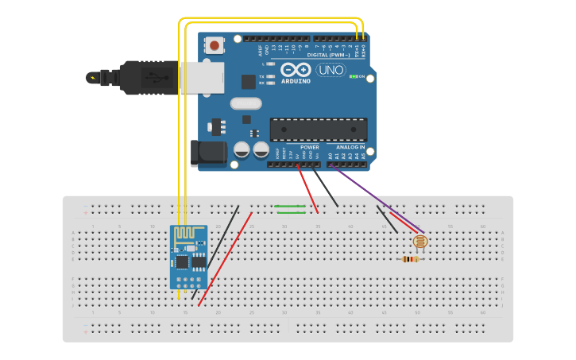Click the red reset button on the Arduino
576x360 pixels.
215,46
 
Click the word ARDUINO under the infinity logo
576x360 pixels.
296,81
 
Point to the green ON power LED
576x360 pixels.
353,77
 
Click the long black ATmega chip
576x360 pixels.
319,130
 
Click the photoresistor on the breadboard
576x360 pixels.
420,241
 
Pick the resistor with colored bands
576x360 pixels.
411,258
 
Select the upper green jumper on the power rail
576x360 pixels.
290,207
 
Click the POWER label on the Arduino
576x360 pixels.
310,147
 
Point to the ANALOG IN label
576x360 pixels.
350,147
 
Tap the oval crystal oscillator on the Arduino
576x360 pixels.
246,103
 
